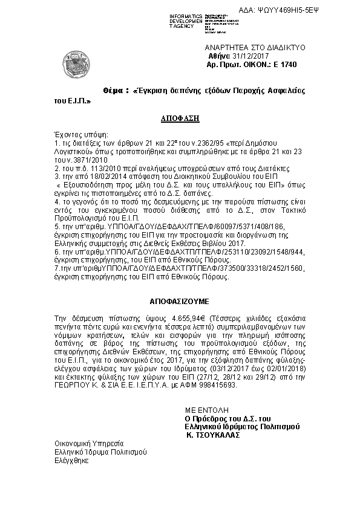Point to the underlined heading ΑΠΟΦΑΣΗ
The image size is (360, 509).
pyautogui.click(x=180, y=118)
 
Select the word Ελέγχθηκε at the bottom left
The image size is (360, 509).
pyautogui.click(x=72, y=460)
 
